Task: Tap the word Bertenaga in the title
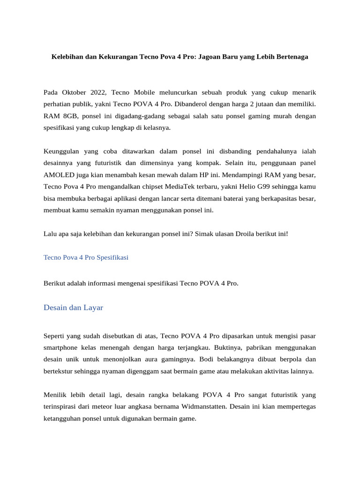pyautogui.click(x=288, y=57)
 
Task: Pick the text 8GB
pyautogui.click(x=70, y=115)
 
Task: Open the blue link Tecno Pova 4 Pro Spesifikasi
pyautogui.click(x=86, y=258)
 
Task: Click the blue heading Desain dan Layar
pyautogui.click(x=73, y=307)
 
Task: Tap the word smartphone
pyautogui.click(x=61, y=348)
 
